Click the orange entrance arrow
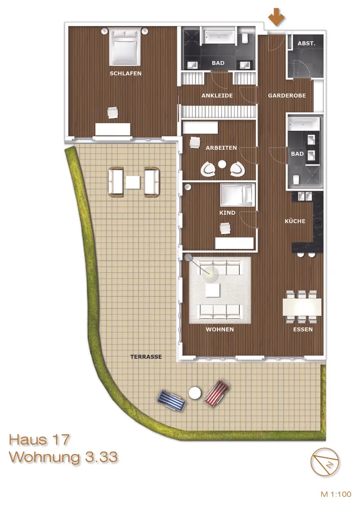point(276,17)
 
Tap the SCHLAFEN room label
point(126,73)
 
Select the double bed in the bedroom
point(125,46)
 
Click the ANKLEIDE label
point(217,96)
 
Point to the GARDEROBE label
point(287,96)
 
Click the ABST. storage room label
point(307,43)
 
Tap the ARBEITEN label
point(221,148)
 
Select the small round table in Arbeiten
point(222,164)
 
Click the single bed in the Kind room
point(237,195)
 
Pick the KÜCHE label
point(295,221)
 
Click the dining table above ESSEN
point(302,307)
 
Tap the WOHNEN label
point(220,329)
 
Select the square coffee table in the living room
point(213,290)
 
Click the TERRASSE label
point(146,356)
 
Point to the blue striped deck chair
point(172,401)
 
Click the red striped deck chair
point(217,393)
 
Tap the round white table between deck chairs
point(195,393)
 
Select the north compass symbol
point(325,462)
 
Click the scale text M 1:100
point(336,494)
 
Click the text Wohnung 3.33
point(63,457)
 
